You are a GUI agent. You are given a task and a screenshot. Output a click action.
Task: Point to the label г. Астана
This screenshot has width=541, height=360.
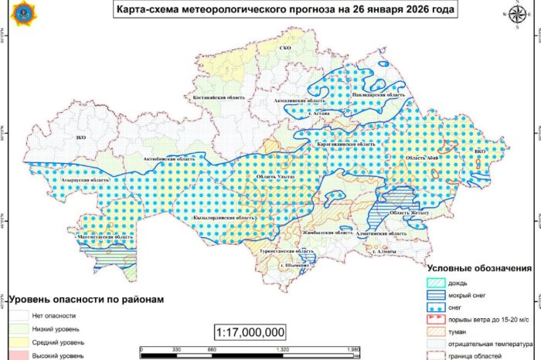(319, 114)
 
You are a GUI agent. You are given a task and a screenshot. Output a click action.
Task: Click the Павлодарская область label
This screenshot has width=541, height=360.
(379, 94)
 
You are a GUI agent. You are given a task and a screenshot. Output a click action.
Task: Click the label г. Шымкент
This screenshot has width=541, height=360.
(296, 265)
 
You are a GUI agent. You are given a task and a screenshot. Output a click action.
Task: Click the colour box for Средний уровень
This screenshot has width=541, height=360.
(18, 341)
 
